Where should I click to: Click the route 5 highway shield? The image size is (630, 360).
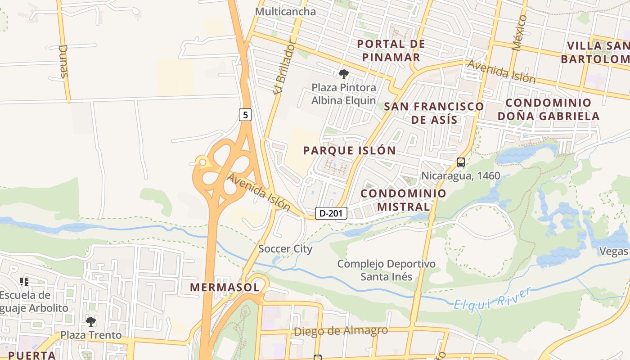(245, 115)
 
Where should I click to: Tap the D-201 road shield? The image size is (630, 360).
(331, 213)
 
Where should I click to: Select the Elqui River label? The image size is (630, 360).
(492, 298)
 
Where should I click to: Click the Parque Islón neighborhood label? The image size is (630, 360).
(349, 150)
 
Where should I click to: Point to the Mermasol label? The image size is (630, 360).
(225, 287)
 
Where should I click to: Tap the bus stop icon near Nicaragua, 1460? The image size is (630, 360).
(460, 162)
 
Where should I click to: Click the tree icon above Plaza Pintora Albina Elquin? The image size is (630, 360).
(344, 74)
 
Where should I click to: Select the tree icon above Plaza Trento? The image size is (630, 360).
(91, 321)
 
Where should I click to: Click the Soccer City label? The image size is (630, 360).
(285, 249)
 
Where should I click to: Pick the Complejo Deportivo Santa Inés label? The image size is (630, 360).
(387, 270)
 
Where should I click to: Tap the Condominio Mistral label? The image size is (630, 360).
(403, 200)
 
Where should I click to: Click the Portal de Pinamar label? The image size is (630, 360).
(391, 50)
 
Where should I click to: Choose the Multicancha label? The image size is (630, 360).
(285, 12)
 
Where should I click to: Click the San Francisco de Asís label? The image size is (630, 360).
(434, 113)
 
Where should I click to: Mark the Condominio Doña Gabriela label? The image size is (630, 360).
(548, 109)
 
